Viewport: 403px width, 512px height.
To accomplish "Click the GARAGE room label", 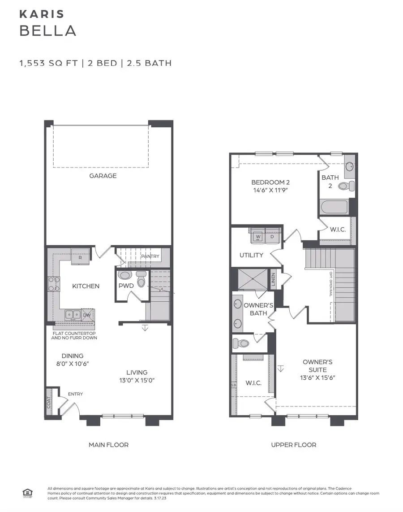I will click(103, 176).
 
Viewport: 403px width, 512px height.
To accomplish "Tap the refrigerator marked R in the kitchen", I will click(80, 257).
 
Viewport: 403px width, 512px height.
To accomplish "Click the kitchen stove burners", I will click(54, 284).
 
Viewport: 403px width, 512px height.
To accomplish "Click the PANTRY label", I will click(150, 256).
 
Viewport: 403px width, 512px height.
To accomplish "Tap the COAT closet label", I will click(48, 402).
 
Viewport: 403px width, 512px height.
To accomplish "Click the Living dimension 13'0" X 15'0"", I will click(137, 380).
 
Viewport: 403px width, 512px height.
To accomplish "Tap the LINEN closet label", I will click(273, 280).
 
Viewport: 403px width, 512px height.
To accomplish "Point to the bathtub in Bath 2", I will click(334, 207).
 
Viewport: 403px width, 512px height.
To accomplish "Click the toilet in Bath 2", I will click(346, 186).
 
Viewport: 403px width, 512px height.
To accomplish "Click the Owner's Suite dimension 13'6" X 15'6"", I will click(317, 377).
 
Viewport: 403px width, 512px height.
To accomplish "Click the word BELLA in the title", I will click(47, 30).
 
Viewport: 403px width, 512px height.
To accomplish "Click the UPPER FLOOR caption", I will click(294, 445).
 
